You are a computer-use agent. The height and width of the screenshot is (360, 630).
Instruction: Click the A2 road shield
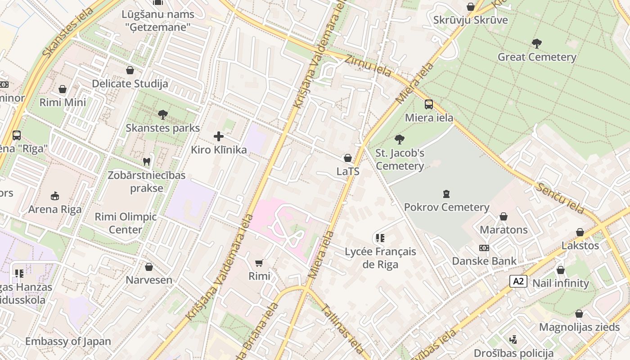tap(518, 281)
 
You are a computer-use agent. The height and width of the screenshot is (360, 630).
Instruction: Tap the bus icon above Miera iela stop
tap(429, 104)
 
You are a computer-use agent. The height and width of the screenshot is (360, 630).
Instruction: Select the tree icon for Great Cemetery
tap(536, 44)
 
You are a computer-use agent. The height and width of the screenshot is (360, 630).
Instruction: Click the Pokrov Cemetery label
tap(446, 207)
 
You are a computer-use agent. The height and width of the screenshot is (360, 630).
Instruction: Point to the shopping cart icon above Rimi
tap(259, 263)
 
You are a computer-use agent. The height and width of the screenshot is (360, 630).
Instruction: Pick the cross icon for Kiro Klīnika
tap(219, 136)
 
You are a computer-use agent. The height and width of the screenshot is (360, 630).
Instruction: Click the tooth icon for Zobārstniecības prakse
tap(146, 162)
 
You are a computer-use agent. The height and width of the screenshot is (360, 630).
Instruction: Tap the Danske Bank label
tap(484, 261)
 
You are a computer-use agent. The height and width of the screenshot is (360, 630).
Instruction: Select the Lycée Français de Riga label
tap(380, 258)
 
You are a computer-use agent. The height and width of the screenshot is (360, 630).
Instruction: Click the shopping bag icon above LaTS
tap(347, 158)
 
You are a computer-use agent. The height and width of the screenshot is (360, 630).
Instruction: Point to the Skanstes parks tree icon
tap(163, 115)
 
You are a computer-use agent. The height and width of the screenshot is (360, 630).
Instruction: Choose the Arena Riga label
tap(55, 209)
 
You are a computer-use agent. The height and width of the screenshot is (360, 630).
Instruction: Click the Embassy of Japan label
tap(68, 341)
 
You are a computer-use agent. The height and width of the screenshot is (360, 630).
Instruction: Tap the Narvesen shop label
tap(149, 280)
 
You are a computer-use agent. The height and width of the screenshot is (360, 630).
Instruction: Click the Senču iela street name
tap(559, 198)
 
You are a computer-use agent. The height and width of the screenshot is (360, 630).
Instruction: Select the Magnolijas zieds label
tap(579, 327)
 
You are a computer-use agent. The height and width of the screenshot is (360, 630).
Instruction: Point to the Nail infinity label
tap(560, 283)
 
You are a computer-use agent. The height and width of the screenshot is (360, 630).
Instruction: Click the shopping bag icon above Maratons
tap(504, 216)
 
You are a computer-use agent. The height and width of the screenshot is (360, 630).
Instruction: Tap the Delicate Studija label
tap(130, 84)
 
